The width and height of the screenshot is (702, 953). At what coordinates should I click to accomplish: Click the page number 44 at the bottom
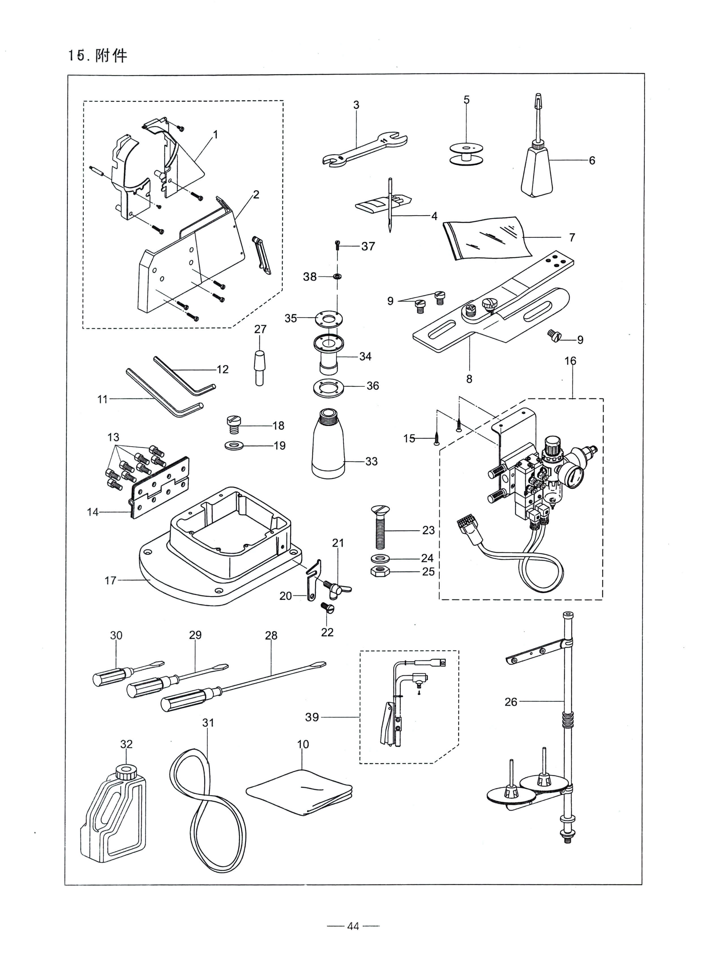point(353,926)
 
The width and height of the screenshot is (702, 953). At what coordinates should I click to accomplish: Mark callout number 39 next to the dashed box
point(312,717)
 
